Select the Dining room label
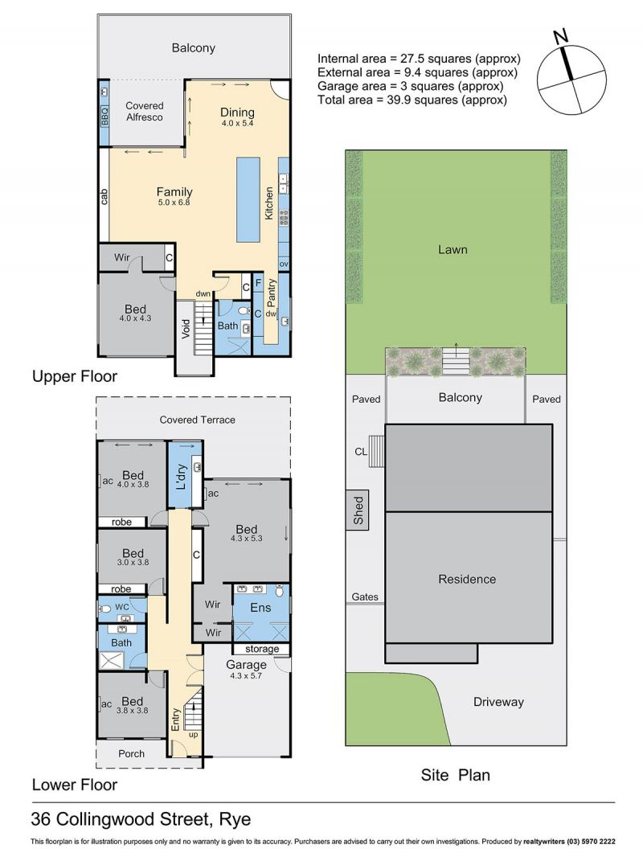point(237,112)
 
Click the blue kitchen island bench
point(248,199)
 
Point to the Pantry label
point(271,293)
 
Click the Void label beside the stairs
point(186,329)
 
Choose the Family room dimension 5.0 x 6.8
point(174,203)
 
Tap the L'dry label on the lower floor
point(182,477)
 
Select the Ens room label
point(260,607)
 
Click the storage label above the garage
point(262,649)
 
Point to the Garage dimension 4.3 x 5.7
point(247,675)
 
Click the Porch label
point(132,754)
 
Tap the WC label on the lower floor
point(122,607)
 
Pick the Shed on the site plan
point(358,511)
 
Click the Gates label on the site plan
point(365,597)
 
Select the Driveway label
point(498,702)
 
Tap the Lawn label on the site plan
point(453,250)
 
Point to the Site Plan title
point(455,775)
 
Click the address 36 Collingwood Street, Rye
point(141,819)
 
